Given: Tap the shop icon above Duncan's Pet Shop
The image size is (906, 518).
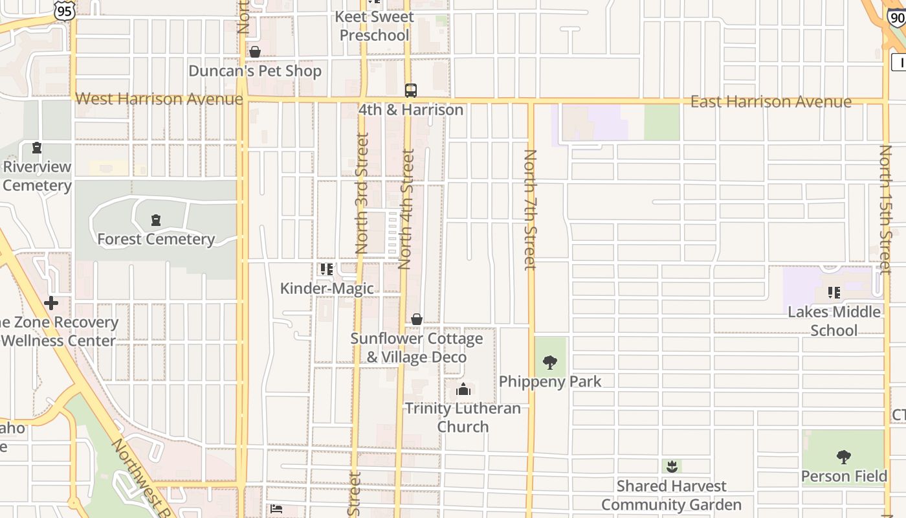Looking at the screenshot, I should pos(255,52).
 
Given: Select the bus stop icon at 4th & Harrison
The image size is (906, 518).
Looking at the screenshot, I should pos(411,90).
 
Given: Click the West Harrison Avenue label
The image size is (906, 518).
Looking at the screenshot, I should pos(159,99).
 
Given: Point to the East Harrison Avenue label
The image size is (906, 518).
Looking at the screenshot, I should pos(771,102).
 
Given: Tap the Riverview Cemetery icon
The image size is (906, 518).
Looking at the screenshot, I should pos(37,148).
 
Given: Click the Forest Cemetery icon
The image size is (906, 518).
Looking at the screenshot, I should pos(155,221).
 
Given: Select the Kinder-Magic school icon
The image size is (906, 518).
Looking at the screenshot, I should pos(327,269).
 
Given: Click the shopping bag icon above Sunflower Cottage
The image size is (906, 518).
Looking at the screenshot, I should pos(417,319).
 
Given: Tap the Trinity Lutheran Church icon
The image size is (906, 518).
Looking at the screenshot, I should pos(463,389).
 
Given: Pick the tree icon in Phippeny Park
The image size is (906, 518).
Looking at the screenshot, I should pos(550,362).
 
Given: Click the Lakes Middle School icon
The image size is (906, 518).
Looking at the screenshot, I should pos(834,293).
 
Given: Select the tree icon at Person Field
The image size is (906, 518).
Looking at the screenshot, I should pos(843,457).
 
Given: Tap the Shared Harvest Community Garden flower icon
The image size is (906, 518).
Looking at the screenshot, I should pos(672,466).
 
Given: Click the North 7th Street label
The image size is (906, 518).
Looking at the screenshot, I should pos(530,209).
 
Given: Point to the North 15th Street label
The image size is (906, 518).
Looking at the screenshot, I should pos(885,209).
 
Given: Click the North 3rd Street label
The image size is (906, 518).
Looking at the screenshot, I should pos(362,193).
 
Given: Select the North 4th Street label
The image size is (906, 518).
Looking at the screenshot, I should pos(406,209).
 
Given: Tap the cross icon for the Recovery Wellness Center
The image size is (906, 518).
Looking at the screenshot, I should pos(51,302).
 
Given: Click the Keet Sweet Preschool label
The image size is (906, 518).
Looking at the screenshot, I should pos(375,26).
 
